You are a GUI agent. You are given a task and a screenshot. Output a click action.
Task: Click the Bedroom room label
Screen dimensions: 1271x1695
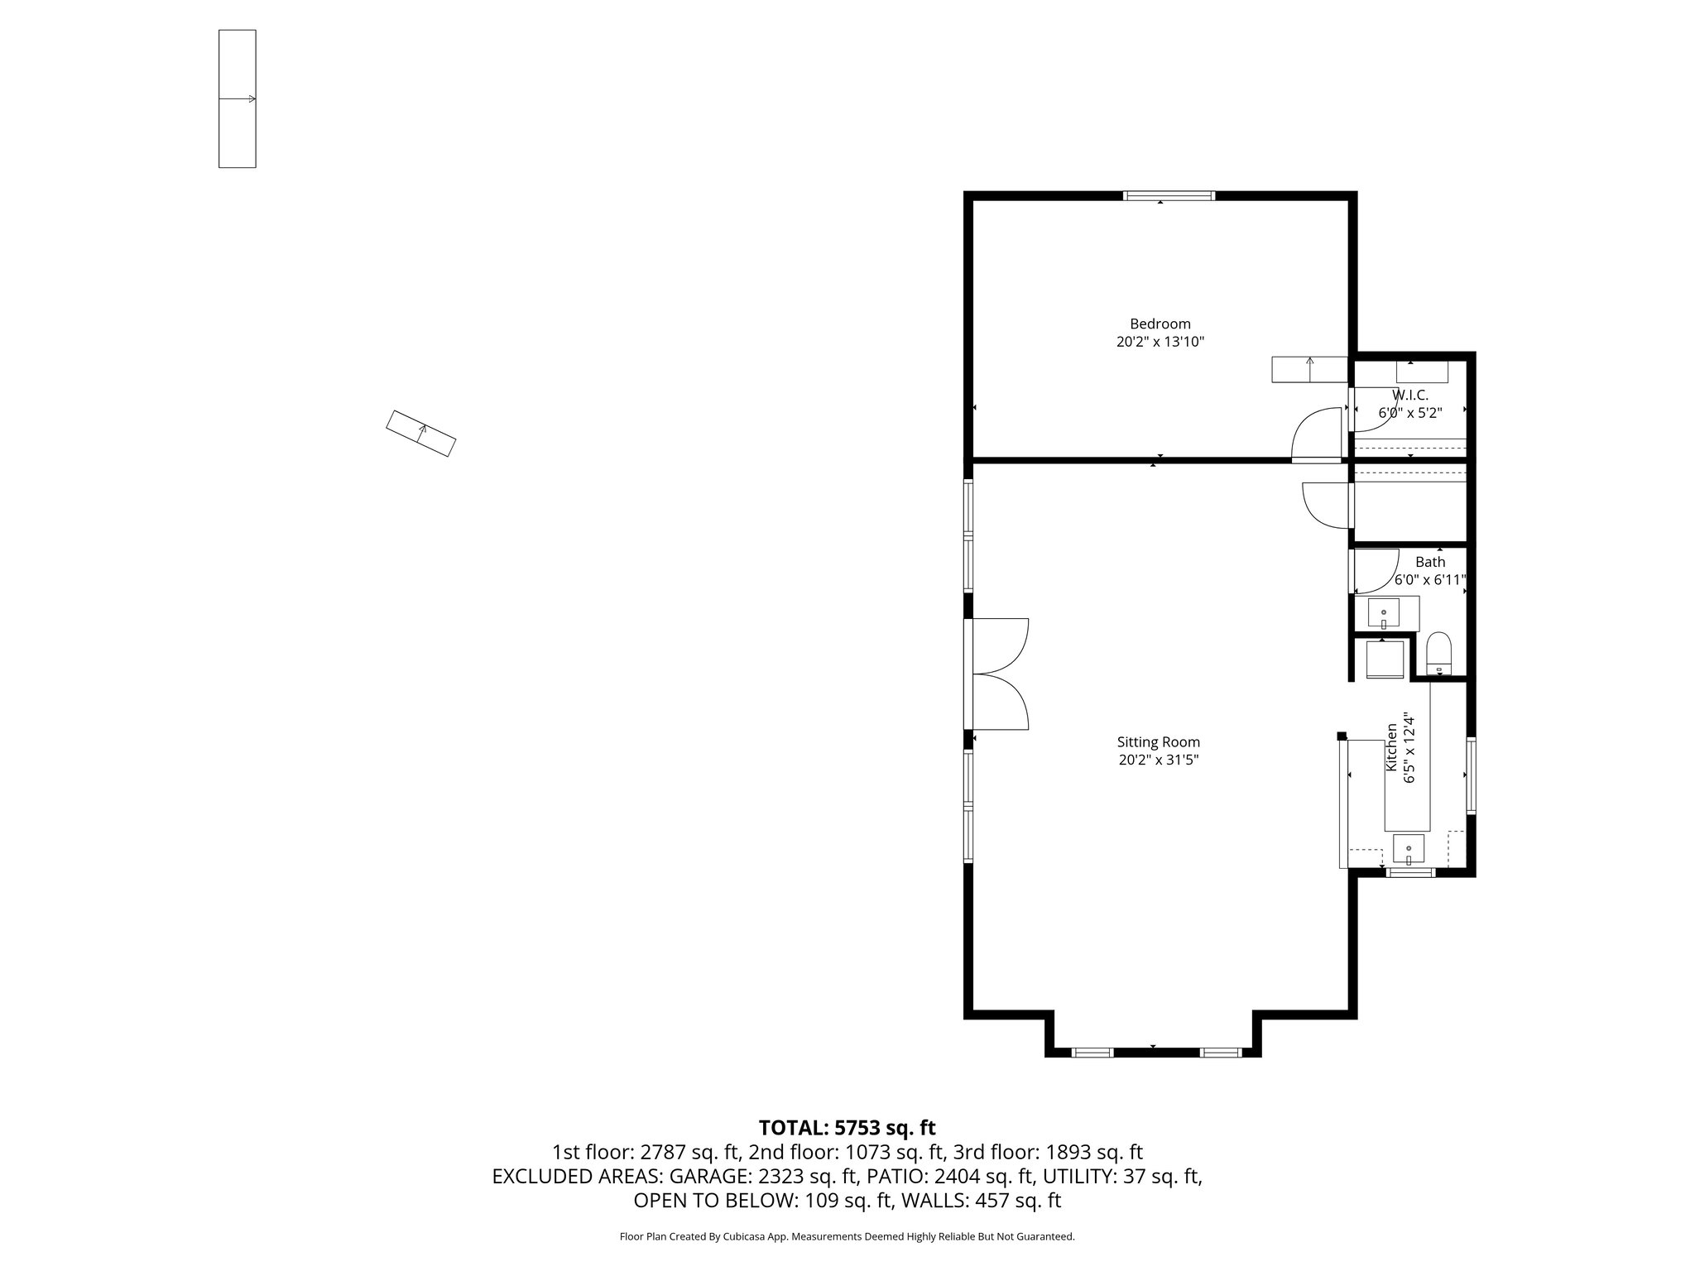[x=1160, y=324]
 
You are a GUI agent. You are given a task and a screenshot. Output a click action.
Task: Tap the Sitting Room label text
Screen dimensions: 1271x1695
[x=1158, y=742]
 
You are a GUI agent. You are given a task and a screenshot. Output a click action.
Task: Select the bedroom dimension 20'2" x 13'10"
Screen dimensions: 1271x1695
[x=1160, y=342]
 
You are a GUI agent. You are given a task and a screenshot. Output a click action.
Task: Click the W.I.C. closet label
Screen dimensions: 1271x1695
[x=1409, y=396]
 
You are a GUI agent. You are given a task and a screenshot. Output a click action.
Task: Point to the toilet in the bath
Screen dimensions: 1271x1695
[x=1439, y=653]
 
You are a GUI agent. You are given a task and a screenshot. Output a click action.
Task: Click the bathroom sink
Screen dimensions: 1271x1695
[x=1384, y=614]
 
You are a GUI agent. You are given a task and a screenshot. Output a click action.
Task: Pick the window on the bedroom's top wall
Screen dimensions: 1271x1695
[x=1169, y=196]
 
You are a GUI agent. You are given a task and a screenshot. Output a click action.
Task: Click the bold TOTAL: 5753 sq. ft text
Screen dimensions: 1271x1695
[x=847, y=1127]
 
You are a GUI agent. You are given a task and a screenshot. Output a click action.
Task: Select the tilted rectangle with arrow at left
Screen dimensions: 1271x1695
[x=421, y=434]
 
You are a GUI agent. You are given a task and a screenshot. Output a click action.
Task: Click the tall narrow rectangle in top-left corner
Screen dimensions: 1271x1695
[x=238, y=98]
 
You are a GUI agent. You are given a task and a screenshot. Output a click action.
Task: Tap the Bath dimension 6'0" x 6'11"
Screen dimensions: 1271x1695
[x=1430, y=580]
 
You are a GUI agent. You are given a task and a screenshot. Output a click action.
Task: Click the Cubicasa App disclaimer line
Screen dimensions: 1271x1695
[x=847, y=1236]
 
